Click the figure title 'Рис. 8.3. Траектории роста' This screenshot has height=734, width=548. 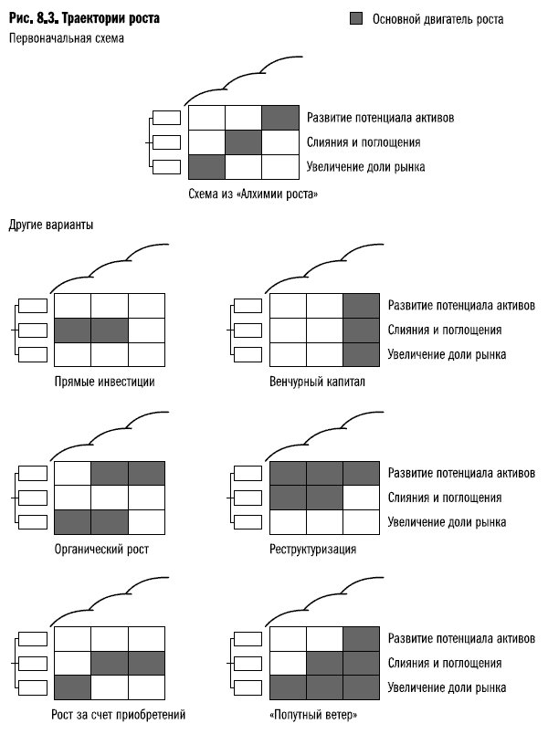coord(73,17)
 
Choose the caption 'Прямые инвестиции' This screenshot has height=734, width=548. coord(104,381)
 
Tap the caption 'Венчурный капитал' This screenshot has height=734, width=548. coord(317,381)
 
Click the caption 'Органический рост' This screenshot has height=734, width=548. coord(101,549)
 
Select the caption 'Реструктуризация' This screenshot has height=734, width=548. coord(312,549)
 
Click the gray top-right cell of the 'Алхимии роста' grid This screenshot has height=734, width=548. coord(280,118)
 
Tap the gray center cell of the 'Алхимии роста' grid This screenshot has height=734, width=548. coord(244,142)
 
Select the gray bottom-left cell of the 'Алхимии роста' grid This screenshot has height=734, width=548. coord(206,167)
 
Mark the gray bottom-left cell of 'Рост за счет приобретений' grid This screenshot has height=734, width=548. coord(73,686)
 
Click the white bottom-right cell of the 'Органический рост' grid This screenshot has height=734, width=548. coord(146,521)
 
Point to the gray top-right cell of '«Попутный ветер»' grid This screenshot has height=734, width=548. coord(361,638)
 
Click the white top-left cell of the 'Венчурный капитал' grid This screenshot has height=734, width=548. coord(289,306)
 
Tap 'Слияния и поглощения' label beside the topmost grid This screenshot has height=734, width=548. coord(364,143)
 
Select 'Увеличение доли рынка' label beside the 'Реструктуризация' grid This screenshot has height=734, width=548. coord(447,522)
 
